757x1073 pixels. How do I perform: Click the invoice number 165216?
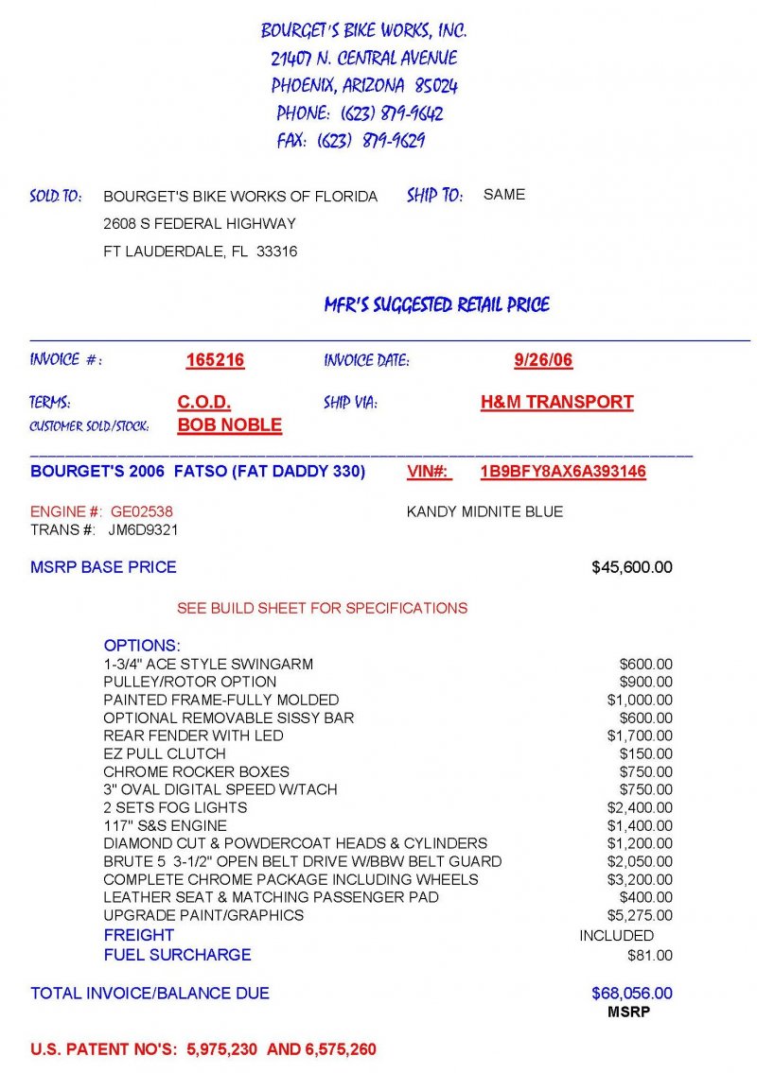coord(215,360)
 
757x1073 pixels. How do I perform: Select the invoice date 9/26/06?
coord(543,360)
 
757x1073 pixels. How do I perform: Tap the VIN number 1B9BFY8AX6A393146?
coord(563,472)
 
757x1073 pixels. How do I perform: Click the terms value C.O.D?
coord(204,402)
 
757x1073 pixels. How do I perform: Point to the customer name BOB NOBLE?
coord(230,425)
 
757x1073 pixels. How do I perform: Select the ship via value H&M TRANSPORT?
coord(556,402)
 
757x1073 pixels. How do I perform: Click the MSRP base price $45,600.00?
coord(632,567)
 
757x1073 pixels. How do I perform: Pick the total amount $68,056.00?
coord(632,994)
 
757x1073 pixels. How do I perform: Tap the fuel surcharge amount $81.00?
coord(650,956)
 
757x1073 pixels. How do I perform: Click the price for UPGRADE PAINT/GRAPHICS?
coord(640,915)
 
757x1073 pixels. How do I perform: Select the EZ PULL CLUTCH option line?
coord(165,753)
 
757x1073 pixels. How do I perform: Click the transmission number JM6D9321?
coord(143,530)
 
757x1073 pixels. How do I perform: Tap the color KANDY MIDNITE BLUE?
coord(484,511)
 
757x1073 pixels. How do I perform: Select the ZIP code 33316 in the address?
coord(277,251)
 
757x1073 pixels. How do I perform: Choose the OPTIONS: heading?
coord(142,646)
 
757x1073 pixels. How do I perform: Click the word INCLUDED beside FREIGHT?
coord(616,935)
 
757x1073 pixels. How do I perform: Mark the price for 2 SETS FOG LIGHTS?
coord(640,807)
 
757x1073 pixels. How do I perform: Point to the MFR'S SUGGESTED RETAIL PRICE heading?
coord(436,305)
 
